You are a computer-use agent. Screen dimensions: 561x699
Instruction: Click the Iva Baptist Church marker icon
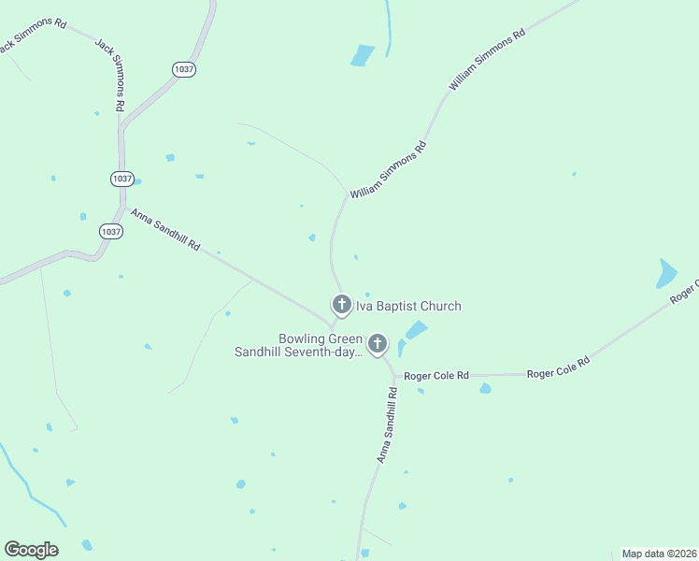pyautogui.click(x=341, y=305)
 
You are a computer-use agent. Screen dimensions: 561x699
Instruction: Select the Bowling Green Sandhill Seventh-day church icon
pyautogui.click(x=378, y=345)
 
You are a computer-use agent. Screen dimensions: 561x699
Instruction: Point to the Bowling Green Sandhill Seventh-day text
pyautogui.click(x=298, y=345)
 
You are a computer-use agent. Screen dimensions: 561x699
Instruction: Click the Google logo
pyautogui.click(x=31, y=550)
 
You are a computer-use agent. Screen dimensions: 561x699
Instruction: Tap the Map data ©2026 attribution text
pyautogui.click(x=659, y=554)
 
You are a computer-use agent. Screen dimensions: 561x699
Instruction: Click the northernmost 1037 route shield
pyautogui.click(x=184, y=69)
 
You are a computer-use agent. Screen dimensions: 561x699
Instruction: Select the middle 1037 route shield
pyautogui.click(x=121, y=178)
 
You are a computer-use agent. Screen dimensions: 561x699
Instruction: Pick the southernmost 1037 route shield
pyautogui.click(x=111, y=231)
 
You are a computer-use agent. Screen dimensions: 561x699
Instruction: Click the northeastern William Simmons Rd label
pyautogui.click(x=487, y=59)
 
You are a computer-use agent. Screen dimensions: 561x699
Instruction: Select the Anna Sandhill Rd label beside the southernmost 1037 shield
pyautogui.click(x=165, y=231)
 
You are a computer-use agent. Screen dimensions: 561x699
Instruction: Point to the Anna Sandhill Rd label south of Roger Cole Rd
pyautogui.click(x=387, y=425)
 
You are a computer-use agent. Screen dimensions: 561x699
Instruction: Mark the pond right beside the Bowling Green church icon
pyautogui.click(x=414, y=330)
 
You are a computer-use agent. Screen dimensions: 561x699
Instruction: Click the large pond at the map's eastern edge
pyautogui.click(x=666, y=272)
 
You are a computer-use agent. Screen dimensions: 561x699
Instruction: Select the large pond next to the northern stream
pyautogui.click(x=362, y=55)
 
